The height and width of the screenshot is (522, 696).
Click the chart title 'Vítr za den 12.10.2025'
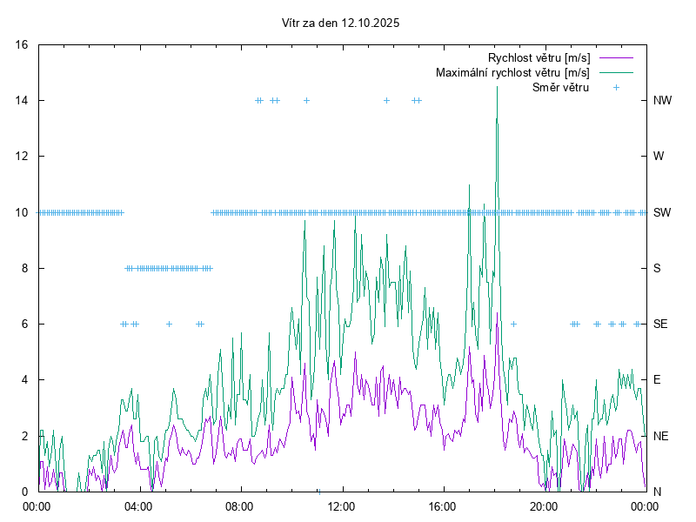click(x=341, y=23)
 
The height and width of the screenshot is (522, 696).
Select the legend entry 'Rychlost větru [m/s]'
click(x=539, y=57)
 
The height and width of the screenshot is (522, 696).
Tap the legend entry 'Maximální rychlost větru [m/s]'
click(x=512, y=72)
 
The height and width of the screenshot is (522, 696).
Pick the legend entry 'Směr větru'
click(x=560, y=87)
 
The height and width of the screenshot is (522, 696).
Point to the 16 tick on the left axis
click(x=23, y=44)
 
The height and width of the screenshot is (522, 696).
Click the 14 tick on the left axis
click(x=23, y=100)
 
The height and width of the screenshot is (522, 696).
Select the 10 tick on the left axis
click(x=23, y=212)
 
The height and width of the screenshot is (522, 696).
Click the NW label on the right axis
click(x=662, y=100)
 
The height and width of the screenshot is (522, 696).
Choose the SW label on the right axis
click(x=662, y=212)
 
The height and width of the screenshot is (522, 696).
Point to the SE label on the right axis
click(x=660, y=324)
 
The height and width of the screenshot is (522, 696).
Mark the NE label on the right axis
click(x=660, y=436)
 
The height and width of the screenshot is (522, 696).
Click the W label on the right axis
click(x=659, y=157)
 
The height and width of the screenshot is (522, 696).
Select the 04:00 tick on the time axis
click(x=138, y=505)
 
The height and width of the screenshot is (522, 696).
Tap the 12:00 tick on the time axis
click(x=341, y=505)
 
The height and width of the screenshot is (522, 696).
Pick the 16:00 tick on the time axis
click(x=443, y=505)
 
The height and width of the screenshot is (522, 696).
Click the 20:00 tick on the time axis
click(x=544, y=505)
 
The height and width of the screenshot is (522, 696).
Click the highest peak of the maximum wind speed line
click(x=497, y=88)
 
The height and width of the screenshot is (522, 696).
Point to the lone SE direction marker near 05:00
click(x=169, y=324)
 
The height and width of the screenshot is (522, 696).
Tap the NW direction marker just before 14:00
click(x=386, y=100)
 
